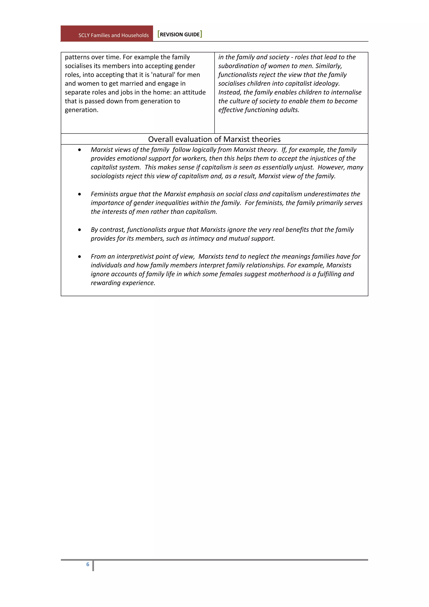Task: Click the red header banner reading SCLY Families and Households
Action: click(x=107, y=34)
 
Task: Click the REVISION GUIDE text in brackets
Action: click(x=180, y=34)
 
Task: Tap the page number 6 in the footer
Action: click(x=88, y=564)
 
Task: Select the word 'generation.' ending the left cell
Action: click(x=81, y=110)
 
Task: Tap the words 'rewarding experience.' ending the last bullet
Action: click(x=123, y=283)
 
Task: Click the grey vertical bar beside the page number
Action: click(x=93, y=565)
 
